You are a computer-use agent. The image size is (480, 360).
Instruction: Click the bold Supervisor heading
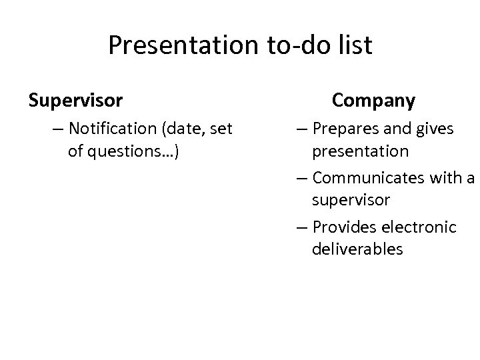click(x=75, y=101)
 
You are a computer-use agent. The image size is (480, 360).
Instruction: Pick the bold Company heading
click(x=373, y=101)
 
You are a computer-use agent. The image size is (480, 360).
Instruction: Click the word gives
click(x=433, y=127)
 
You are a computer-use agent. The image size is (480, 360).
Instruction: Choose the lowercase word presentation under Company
click(x=361, y=151)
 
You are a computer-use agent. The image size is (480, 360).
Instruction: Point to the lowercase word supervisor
click(x=351, y=201)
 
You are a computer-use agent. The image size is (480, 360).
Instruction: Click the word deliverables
click(x=357, y=250)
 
